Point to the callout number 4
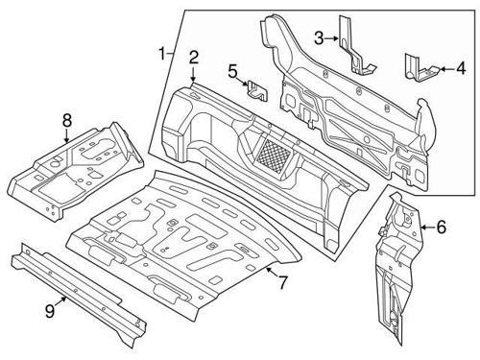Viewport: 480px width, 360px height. pos(460,68)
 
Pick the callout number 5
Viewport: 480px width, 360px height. pos(232,70)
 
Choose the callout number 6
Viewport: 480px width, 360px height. pos(441,228)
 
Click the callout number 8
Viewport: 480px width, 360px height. pos(66,120)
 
